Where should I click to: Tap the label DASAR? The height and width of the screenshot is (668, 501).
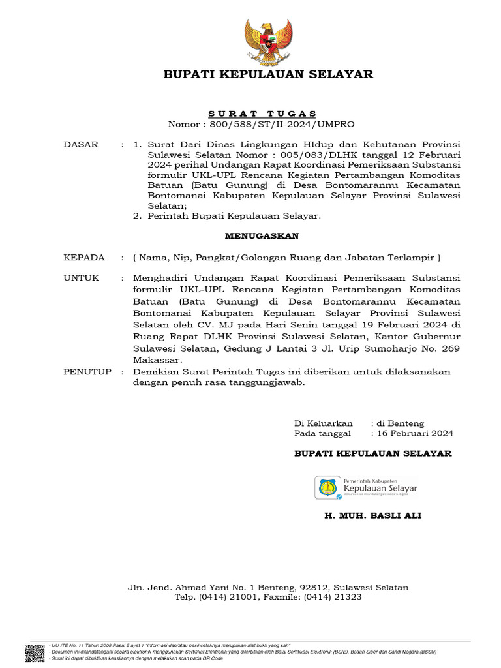point(81,144)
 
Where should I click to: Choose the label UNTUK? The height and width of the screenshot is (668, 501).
point(82,278)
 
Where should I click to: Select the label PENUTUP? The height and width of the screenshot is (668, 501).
point(87,372)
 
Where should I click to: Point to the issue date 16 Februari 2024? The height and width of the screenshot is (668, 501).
point(415,433)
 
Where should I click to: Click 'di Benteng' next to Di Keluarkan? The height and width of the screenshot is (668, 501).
point(401,423)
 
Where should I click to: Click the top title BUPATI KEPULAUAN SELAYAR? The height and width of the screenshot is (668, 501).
point(268,74)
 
